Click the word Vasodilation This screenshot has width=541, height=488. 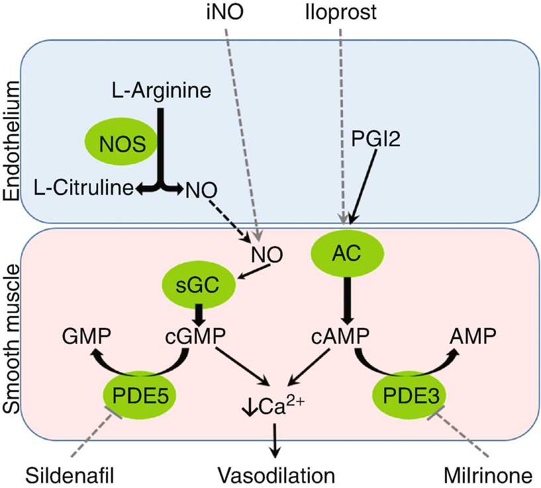pos(277,475)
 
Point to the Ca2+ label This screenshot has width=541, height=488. pos(271,404)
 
